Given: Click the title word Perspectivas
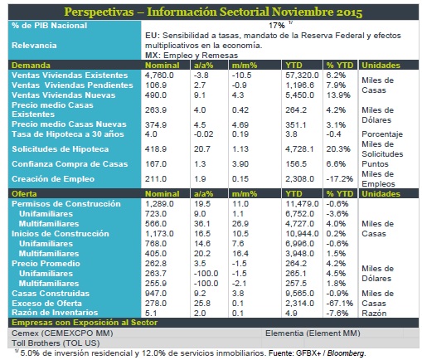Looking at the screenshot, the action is (x=99, y=12).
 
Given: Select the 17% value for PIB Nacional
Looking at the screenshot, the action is (x=277, y=26).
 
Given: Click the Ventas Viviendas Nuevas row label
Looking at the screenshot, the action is (x=63, y=95).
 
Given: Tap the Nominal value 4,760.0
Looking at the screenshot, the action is (x=159, y=75).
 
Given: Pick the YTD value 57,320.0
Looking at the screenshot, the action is (x=302, y=75).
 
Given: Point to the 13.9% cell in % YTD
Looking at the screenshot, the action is (x=338, y=95).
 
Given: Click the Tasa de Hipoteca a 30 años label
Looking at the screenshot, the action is (x=68, y=134).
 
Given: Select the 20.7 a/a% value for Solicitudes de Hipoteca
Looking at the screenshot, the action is (x=202, y=149).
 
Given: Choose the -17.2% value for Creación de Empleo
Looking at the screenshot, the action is (x=340, y=179).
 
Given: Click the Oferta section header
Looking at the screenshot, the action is (x=24, y=194).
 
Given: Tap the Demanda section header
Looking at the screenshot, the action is (x=31, y=66).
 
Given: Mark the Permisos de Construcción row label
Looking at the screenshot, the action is (x=66, y=204).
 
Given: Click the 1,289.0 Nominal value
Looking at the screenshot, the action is (x=159, y=204).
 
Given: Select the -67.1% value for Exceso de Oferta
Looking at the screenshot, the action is (x=340, y=304).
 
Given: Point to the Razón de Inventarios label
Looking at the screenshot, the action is (x=55, y=313).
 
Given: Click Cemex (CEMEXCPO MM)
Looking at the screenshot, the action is (x=62, y=333).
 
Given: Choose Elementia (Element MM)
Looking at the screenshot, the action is (x=313, y=333).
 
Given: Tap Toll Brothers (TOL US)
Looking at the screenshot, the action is (x=56, y=343).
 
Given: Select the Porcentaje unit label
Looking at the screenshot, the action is (x=382, y=134).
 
